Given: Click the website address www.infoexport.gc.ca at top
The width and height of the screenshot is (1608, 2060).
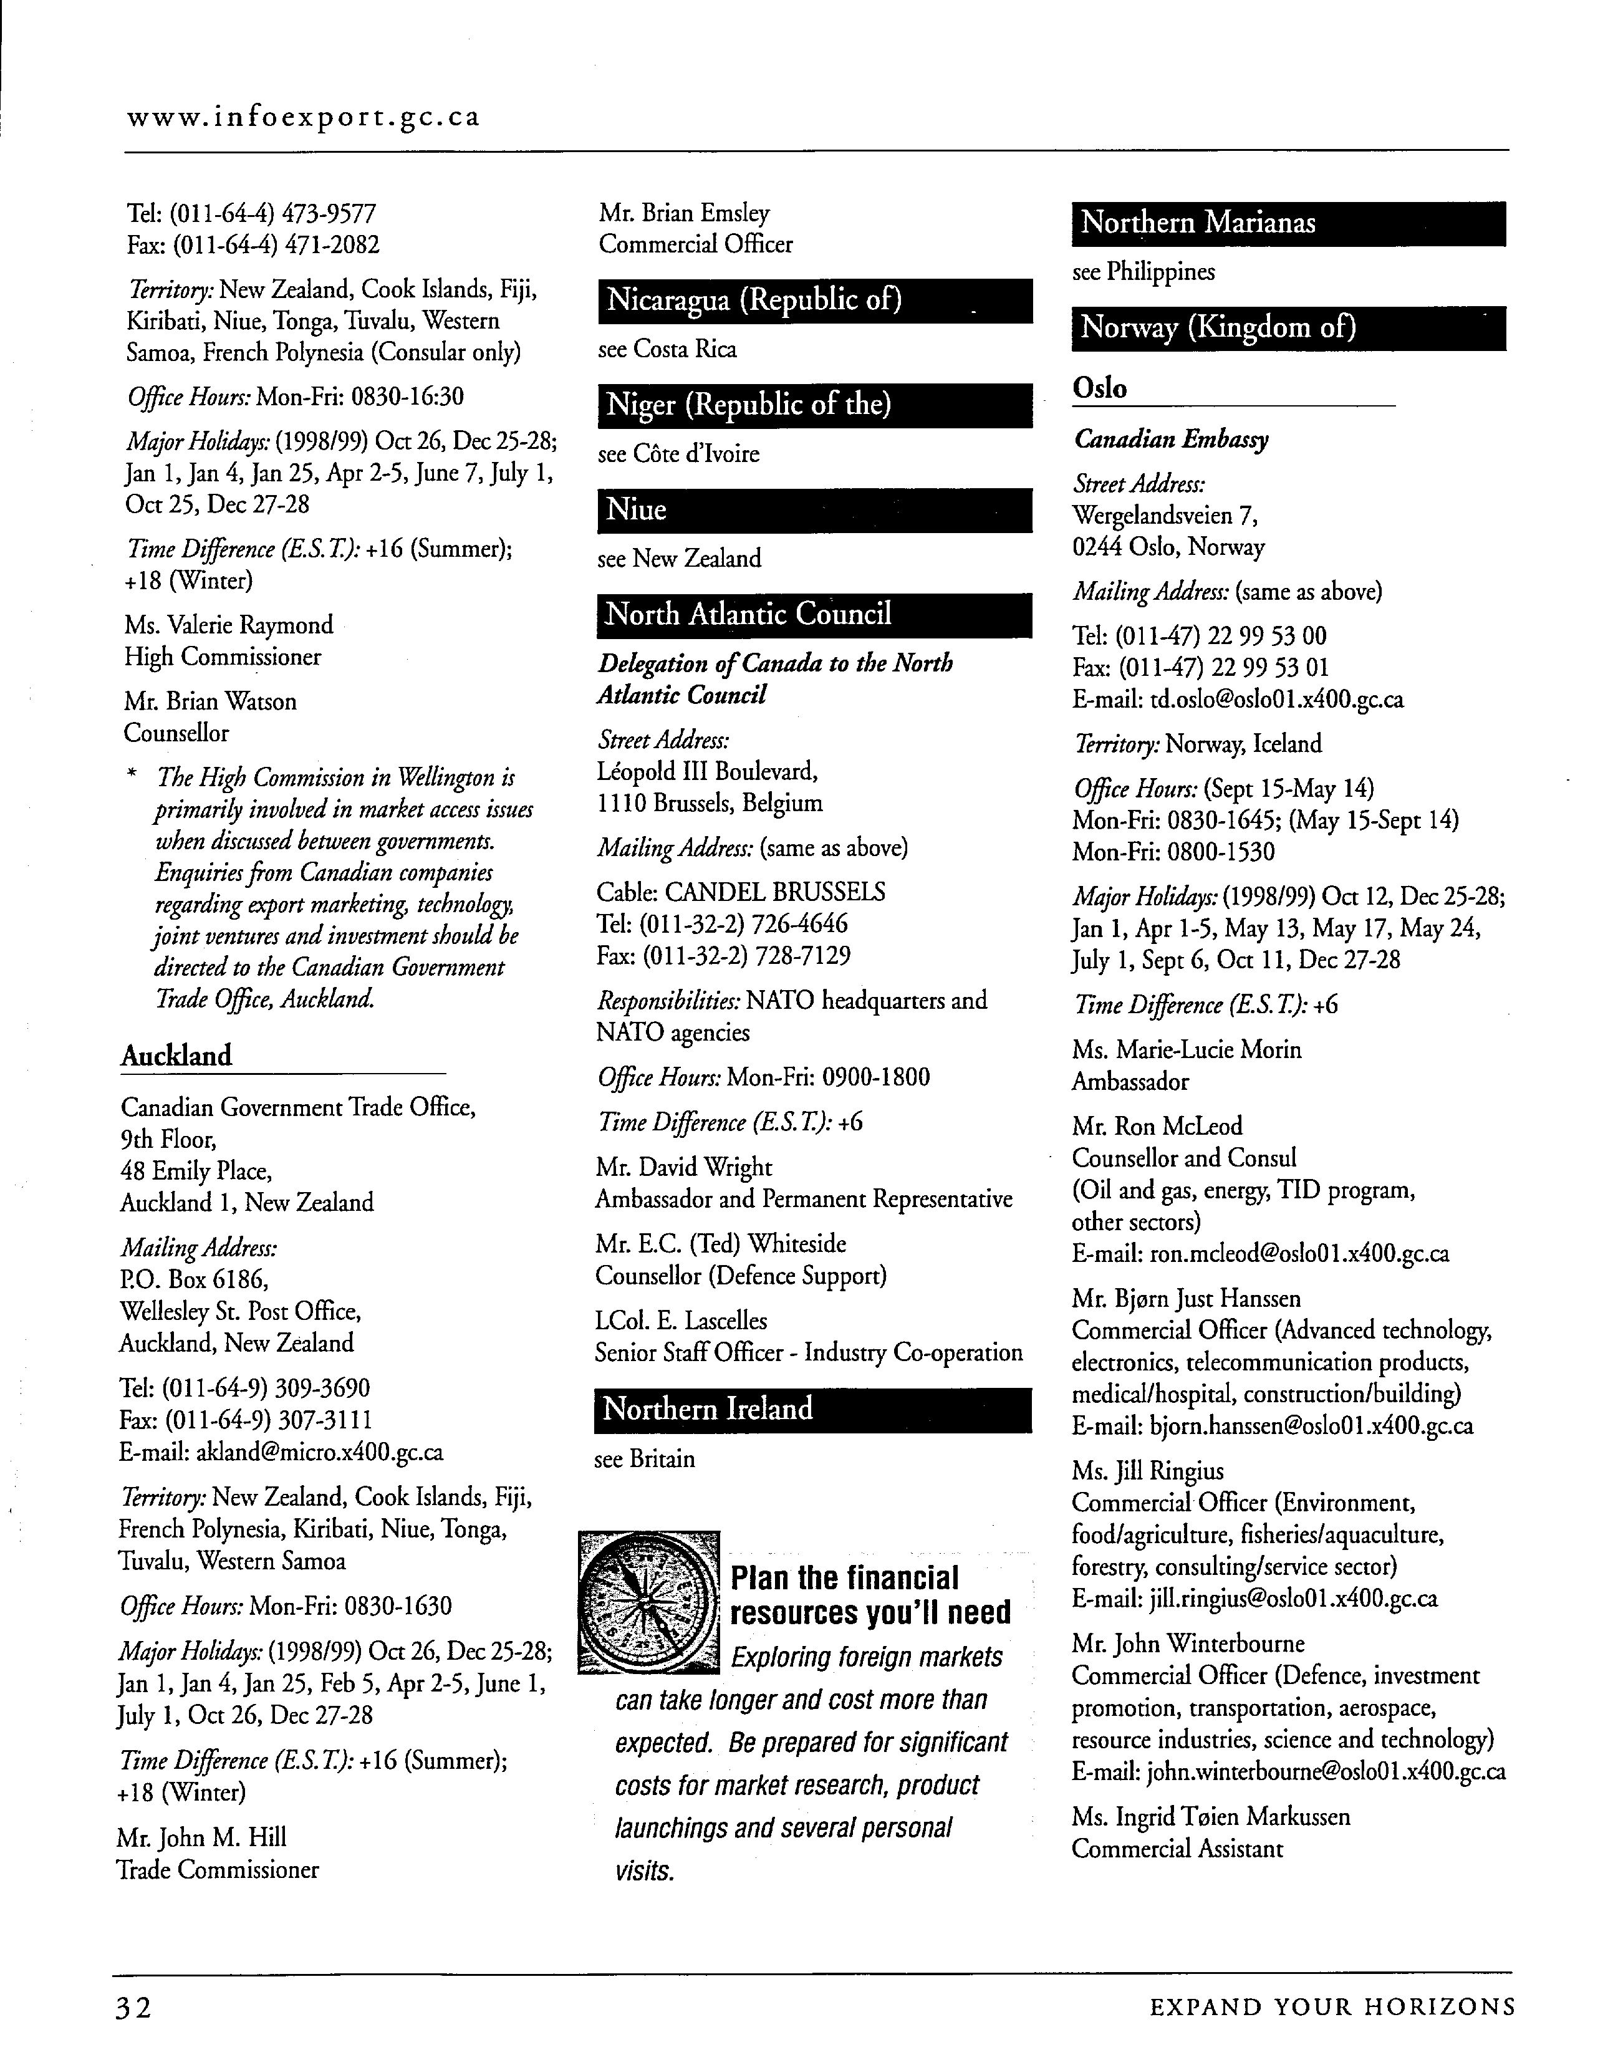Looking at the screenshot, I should click(x=303, y=118).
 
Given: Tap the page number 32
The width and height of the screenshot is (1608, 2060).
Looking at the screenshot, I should click(x=133, y=2033).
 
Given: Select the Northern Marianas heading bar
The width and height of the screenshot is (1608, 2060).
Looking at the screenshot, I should click(x=1288, y=224).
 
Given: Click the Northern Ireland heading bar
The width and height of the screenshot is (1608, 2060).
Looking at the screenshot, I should click(x=813, y=1409).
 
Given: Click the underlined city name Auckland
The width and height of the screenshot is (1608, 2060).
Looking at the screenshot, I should click(x=176, y=1056).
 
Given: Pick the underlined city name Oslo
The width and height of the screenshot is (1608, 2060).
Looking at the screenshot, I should click(x=1100, y=388).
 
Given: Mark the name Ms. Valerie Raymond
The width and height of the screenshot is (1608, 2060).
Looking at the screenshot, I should click(x=229, y=625).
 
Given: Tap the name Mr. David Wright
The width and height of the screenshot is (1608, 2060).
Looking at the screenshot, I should click(x=684, y=1168).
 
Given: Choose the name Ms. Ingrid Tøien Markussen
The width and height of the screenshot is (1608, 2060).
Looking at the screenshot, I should click(x=1211, y=1817).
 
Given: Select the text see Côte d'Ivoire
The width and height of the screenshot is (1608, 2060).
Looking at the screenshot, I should click(x=678, y=455).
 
